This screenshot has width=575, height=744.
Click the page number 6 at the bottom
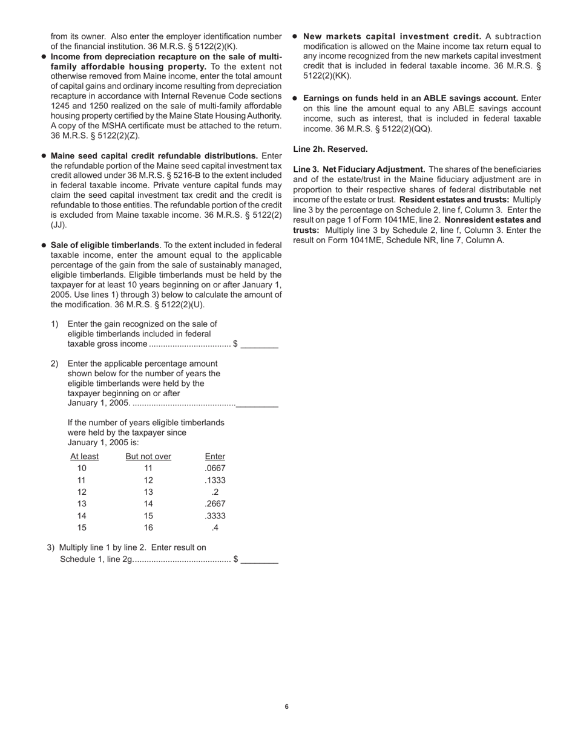[287, 706]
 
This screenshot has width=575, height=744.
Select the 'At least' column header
[84, 457]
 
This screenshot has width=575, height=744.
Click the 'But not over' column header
[148, 457]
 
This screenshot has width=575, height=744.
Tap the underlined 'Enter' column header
[215, 457]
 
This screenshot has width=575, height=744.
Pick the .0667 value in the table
[215, 469]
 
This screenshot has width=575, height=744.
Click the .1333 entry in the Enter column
[215, 480]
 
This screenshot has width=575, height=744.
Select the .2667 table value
[215, 504]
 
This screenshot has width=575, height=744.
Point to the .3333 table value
[215, 516]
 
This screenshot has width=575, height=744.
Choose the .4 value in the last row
[215, 527]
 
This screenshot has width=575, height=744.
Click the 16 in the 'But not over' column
[148, 527]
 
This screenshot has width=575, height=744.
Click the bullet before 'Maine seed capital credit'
[44, 155]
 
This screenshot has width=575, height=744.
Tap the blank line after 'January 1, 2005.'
[257, 404]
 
